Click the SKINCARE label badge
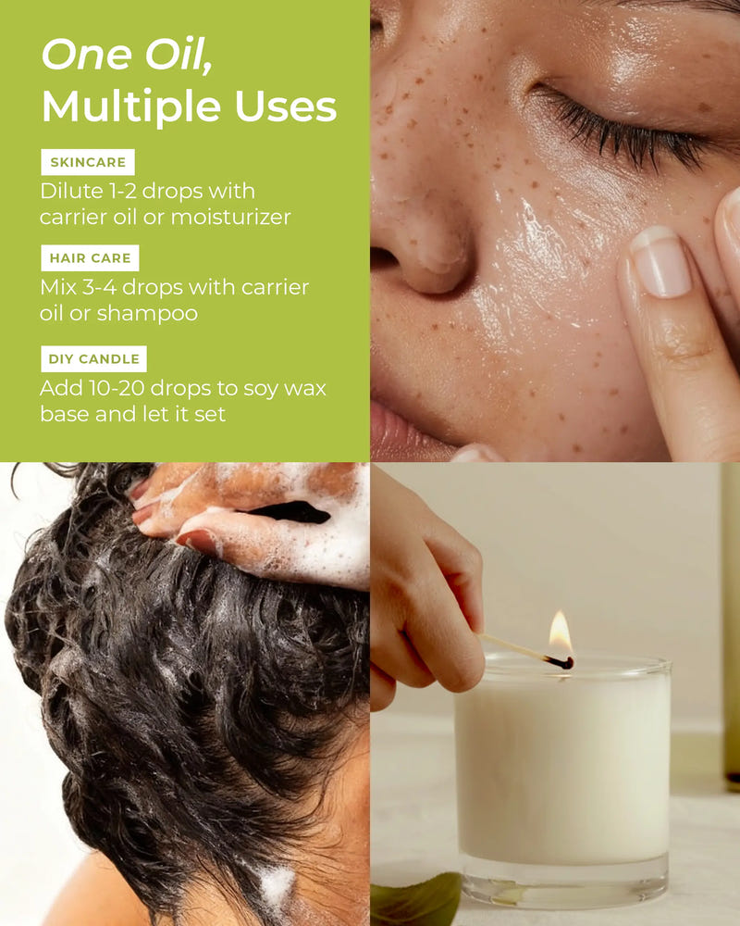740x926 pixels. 88,162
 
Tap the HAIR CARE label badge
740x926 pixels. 91,258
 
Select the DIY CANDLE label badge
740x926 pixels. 93,359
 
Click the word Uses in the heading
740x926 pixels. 286,106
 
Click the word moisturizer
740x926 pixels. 230,218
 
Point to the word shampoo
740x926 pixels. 147,314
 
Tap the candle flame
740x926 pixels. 560,632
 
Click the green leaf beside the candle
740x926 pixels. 415,898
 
